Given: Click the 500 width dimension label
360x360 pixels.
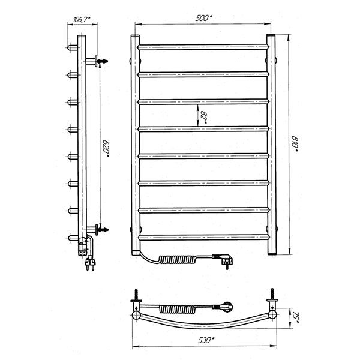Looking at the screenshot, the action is click(x=203, y=18).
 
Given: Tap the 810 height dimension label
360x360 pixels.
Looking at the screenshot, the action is click(x=295, y=144).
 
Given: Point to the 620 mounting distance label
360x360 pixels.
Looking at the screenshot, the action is click(x=106, y=149).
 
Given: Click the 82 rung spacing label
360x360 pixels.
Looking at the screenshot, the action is click(x=203, y=118).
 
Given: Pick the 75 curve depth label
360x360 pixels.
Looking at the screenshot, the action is click(x=295, y=319).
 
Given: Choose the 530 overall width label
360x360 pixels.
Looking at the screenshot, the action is click(x=206, y=340).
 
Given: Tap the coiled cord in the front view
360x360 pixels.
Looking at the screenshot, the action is click(x=178, y=259).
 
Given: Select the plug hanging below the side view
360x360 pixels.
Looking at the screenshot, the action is click(x=90, y=263).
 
